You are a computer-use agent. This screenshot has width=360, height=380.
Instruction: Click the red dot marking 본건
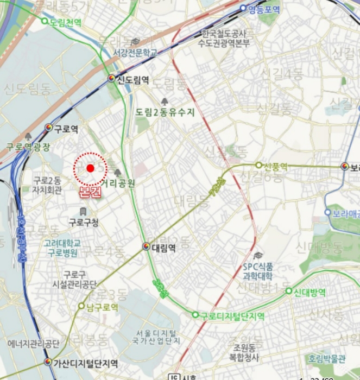[90, 168]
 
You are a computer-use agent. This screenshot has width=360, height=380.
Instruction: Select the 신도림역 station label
[133, 80]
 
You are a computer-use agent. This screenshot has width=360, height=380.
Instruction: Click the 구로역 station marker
[49, 128]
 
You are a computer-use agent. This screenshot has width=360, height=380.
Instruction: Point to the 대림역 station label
[163, 248]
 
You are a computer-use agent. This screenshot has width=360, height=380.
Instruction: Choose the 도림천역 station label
[65, 22]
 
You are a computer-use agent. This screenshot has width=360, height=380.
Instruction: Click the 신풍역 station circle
[259, 165]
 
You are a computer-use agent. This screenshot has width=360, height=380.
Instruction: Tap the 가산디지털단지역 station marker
[48, 362]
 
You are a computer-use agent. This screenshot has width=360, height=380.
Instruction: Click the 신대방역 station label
[310, 292]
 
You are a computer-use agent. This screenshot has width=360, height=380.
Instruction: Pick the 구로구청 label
[84, 222]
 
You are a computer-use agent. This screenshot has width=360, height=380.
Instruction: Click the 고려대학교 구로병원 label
[62, 248]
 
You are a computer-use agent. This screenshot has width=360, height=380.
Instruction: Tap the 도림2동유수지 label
[165, 112]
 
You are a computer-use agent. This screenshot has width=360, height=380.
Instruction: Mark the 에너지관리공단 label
[34, 344]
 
